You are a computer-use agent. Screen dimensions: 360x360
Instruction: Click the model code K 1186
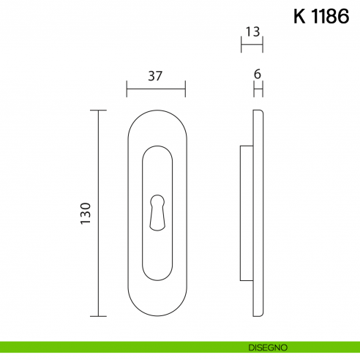coord(320,18)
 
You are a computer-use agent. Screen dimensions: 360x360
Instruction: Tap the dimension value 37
coord(154,76)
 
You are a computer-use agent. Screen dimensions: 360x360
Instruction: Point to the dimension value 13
coord(252,32)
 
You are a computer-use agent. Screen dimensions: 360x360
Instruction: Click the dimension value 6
coord(257,74)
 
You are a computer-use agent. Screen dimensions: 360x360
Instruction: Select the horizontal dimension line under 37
coord(155,89)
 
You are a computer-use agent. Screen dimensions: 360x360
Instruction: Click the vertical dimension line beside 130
coord(97,213)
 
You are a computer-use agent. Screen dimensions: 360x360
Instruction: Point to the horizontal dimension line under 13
coord(252,45)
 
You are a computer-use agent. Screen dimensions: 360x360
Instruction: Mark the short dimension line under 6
coord(257,89)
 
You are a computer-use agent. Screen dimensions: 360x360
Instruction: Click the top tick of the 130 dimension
coord(97,110)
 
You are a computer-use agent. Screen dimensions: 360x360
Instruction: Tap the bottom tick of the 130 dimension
coord(97,316)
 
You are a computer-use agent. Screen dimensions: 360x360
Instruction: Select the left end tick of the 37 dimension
coord(127,89)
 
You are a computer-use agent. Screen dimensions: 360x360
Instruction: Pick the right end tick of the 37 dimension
coord(185,89)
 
